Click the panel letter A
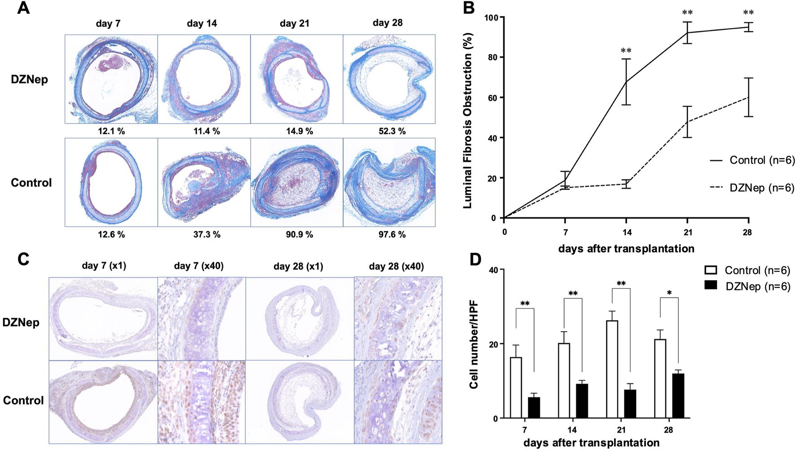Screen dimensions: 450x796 coord(23,8)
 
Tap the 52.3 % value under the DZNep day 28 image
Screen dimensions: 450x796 coord(389,131)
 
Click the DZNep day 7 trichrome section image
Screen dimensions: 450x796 coord(111,79)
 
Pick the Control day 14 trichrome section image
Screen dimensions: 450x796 coord(204,182)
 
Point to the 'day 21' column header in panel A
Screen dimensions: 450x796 coord(294,23)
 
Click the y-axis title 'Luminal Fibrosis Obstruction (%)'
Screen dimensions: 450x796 coord(468,120)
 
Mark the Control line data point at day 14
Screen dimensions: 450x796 coord(626,82)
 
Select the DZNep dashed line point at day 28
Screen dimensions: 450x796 coord(748,97)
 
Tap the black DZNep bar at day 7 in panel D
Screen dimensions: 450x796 coord(534,407)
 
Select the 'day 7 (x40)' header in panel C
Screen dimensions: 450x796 coord(199,266)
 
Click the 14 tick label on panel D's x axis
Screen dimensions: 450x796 coord(572,430)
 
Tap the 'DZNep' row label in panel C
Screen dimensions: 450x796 coord(21,322)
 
